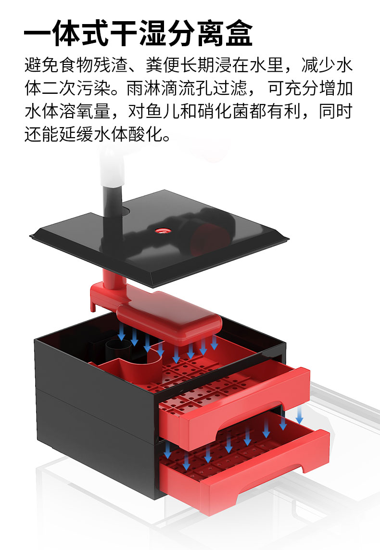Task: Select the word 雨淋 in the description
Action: (x=143, y=88)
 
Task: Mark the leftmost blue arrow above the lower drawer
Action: (x=168, y=450)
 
